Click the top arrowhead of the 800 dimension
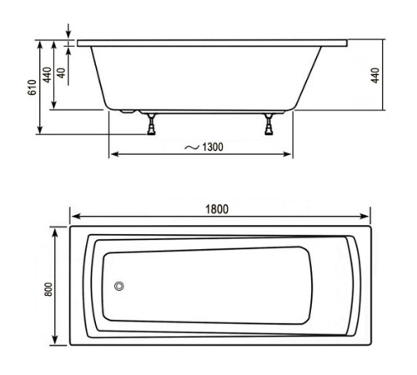pos(57,230)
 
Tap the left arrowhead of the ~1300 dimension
pos(113,154)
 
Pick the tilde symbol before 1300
pos(192,147)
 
